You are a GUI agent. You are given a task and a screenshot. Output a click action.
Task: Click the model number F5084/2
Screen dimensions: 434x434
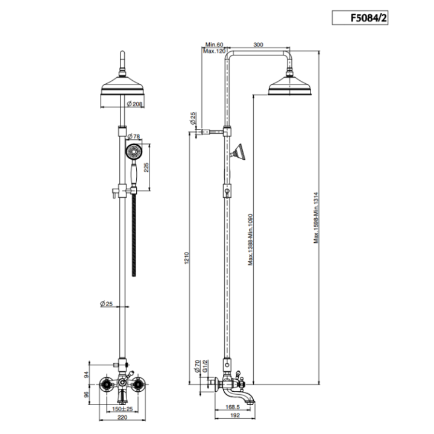tap(368, 18)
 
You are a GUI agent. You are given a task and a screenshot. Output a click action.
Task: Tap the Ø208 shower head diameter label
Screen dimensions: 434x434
tap(134, 104)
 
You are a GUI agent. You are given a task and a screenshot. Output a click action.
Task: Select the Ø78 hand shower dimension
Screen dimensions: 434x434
tap(133, 136)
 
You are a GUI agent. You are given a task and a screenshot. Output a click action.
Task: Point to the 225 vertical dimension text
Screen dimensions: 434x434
tap(146, 168)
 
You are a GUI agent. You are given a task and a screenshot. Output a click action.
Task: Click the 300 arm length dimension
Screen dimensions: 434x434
tap(258, 45)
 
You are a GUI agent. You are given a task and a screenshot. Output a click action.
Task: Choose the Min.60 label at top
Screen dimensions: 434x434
tap(214, 45)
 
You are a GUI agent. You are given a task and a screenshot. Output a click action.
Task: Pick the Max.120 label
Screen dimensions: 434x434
tap(214, 51)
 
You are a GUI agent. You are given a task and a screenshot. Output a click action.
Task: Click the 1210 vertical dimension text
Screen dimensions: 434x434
tap(186, 258)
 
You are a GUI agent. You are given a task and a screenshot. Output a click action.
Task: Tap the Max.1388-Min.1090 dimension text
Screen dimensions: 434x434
tap(251, 239)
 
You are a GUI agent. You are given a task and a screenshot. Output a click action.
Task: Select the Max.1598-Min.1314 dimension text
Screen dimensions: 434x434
tap(316, 218)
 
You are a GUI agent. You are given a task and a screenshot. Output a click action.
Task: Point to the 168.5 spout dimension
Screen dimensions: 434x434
tap(233, 407)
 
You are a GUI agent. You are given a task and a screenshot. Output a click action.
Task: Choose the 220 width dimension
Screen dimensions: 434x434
tap(122, 417)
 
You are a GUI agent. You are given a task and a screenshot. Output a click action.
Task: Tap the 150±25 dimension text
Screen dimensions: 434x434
tap(122, 409)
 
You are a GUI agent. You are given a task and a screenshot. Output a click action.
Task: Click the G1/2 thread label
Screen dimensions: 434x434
tap(205, 366)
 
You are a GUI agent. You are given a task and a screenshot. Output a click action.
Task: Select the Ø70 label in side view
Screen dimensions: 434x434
tap(197, 366)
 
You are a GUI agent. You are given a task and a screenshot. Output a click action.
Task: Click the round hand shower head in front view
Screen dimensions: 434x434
tap(134, 152)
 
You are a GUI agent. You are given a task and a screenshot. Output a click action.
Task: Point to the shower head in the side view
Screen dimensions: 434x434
tap(290, 85)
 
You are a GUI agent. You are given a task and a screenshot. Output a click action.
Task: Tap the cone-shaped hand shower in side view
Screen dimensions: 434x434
tap(239, 152)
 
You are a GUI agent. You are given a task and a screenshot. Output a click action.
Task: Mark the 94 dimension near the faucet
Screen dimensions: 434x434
tap(87, 374)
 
